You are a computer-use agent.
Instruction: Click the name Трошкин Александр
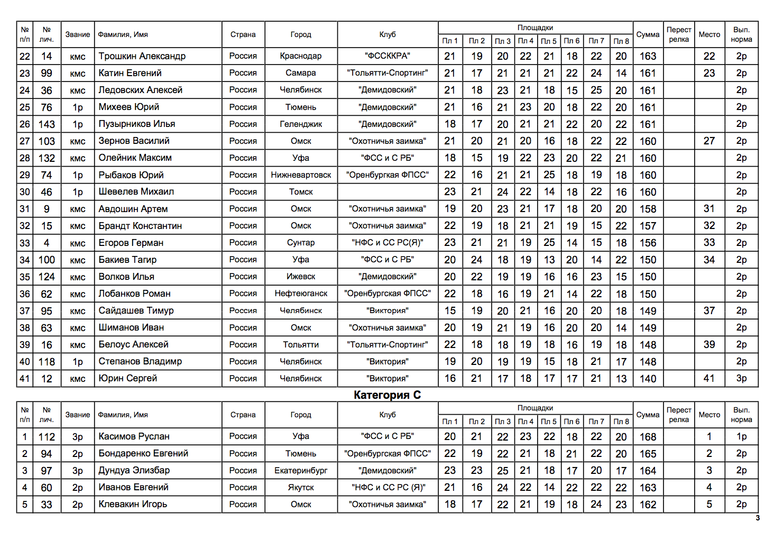[142, 56]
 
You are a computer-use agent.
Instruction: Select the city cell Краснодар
[301, 56]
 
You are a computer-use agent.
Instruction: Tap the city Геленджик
[301, 124]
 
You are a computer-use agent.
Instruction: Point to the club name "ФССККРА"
[387, 56]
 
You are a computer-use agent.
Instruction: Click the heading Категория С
[387, 395]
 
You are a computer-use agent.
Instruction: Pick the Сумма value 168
[648, 437]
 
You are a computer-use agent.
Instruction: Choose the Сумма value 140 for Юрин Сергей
[648, 379]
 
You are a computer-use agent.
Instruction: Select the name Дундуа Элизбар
[134, 471]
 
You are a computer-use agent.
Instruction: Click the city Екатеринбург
[301, 471]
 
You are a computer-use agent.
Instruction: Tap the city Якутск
[301, 488]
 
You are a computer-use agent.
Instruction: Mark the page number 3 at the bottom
[758, 518]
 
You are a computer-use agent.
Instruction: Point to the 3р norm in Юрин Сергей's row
[741, 379]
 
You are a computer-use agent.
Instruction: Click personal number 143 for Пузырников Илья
[47, 124]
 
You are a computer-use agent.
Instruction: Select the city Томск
[301, 192]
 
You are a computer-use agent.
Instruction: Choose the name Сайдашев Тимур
[136, 311]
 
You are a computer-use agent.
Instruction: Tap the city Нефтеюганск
[301, 294]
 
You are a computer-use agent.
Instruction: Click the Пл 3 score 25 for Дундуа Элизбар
[502, 471]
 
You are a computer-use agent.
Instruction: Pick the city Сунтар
[301, 243]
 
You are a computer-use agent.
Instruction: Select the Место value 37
[709, 311]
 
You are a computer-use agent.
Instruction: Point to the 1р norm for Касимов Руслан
[741, 437]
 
